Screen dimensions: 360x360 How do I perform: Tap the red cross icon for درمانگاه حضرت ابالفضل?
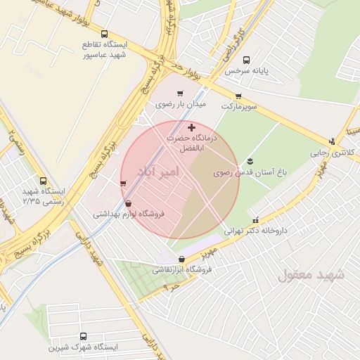[192, 127]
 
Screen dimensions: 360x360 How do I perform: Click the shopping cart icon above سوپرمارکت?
[238, 96]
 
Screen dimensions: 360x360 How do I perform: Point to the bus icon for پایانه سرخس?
[245, 60]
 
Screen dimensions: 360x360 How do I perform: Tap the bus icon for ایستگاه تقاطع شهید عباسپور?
[105, 34]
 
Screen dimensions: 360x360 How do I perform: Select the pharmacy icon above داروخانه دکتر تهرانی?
[256, 219]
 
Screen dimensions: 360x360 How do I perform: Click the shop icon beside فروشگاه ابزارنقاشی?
[162, 268]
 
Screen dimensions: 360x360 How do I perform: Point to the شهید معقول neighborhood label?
[311, 274]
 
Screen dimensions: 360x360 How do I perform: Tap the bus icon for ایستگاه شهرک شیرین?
[84, 336]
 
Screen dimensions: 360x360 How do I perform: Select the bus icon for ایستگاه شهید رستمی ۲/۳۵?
[44, 181]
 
